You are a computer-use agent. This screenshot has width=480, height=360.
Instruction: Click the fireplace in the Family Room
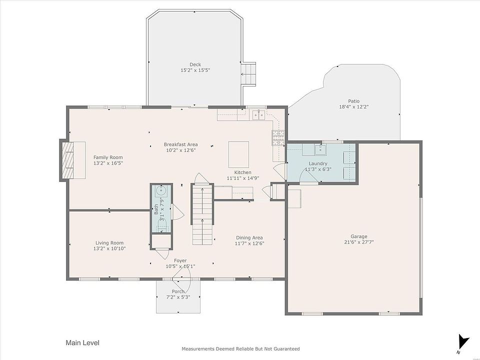(x=67, y=160)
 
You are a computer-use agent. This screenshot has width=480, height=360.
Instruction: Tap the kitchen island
(x=239, y=154)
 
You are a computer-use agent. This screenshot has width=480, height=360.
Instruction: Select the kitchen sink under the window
(x=259, y=115)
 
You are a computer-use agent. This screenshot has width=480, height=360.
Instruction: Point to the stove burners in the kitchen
(x=278, y=137)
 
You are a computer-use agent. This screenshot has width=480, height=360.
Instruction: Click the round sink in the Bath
(x=160, y=191)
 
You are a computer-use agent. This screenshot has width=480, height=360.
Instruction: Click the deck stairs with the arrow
(x=248, y=74)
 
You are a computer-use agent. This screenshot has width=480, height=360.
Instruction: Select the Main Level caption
(x=82, y=342)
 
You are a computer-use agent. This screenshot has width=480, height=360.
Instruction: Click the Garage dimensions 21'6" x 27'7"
(x=359, y=242)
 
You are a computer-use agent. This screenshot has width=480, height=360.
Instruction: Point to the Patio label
(x=353, y=101)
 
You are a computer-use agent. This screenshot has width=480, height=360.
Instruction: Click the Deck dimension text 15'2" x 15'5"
(x=195, y=70)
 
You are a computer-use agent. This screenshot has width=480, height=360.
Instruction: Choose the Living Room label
(x=109, y=243)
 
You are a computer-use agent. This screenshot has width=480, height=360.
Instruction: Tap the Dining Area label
(x=249, y=237)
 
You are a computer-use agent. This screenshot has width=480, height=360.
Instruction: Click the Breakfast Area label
(x=180, y=144)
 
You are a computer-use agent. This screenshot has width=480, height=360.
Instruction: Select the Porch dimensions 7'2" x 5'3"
(x=178, y=297)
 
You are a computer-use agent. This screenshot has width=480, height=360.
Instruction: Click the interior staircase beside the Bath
(x=202, y=214)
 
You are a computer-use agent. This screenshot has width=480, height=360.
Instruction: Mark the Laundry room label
(x=318, y=163)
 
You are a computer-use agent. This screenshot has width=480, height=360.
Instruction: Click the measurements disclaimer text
(x=240, y=348)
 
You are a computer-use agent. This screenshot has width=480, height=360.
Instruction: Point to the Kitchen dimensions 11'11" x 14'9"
(x=243, y=178)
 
